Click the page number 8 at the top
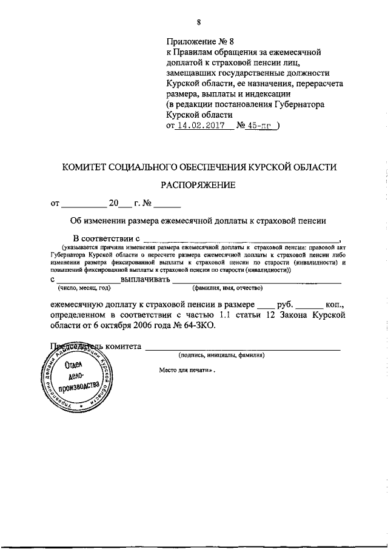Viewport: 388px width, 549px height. point(198,24)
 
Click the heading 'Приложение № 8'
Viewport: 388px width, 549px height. point(200,42)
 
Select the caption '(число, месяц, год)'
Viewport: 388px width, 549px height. point(84,288)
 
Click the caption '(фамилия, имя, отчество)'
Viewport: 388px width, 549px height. point(226,288)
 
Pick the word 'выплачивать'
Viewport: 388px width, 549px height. point(145,281)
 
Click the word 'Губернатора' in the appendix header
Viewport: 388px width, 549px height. point(299,104)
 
